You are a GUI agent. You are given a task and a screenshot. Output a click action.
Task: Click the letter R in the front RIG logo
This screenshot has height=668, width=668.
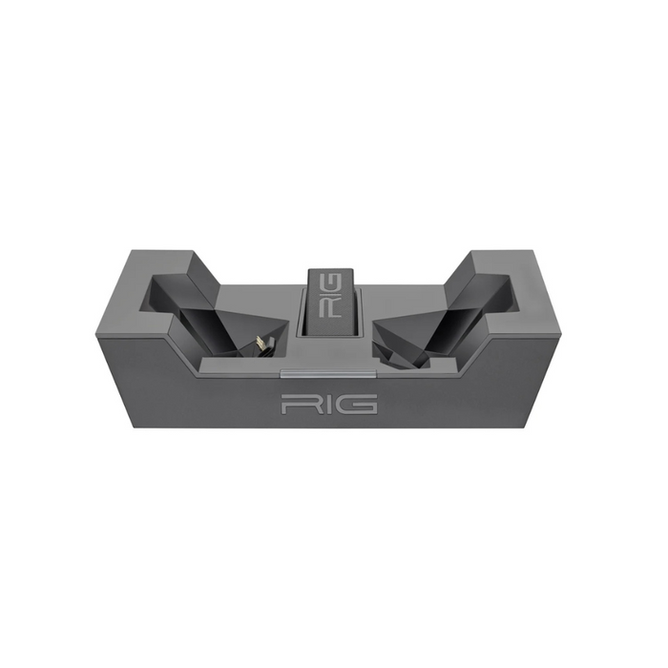(x=296, y=405)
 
